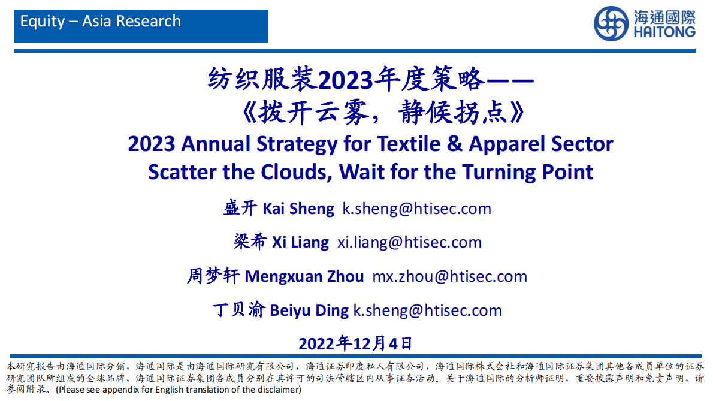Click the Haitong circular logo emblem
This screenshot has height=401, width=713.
[x=611, y=24]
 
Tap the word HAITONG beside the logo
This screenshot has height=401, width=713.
[x=663, y=32]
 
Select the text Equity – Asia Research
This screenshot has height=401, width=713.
[x=101, y=22]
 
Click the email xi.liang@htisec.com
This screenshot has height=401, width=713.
[x=410, y=242]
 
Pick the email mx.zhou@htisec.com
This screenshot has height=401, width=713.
[x=450, y=276]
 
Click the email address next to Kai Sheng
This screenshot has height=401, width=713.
[x=417, y=209]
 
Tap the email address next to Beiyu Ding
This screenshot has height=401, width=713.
[x=428, y=310]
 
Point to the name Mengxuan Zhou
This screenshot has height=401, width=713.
[x=304, y=276]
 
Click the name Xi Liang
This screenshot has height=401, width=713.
[x=300, y=242]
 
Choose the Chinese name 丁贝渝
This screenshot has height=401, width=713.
[x=239, y=310]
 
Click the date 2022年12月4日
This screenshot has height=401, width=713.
[x=355, y=343]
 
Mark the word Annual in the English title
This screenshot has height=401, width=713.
[x=216, y=144]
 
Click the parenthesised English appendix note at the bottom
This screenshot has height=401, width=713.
[x=178, y=390]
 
